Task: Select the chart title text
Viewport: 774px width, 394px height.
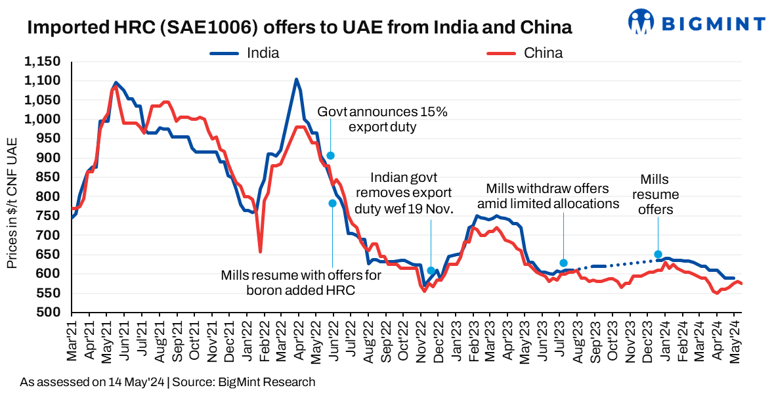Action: coord(299,28)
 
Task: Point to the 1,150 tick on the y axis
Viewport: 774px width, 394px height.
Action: coord(42,62)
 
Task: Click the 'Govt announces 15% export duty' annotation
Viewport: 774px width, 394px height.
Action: coord(382,119)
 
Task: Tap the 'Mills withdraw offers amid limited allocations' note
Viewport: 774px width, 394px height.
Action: coord(548,196)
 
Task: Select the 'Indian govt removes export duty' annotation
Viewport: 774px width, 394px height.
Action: coord(403,193)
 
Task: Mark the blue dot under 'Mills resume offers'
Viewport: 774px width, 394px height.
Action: coord(658,254)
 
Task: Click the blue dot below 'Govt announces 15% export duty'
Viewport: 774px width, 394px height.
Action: coord(331,156)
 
